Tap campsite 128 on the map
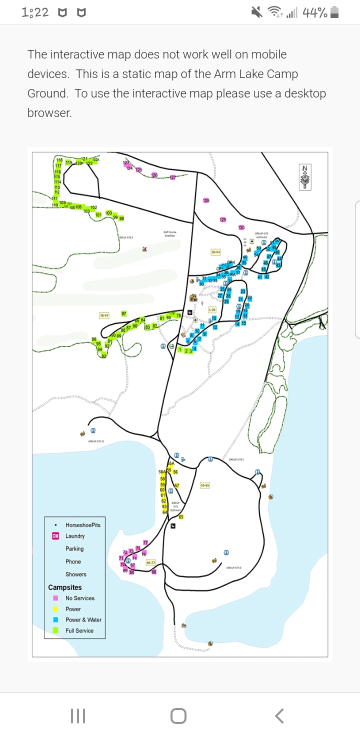click(x=206, y=200)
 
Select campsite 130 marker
click(x=241, y=227)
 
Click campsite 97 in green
click(x=123, y=313)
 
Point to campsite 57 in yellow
click(x=176, y=485)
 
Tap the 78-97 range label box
click(x=104, y=315)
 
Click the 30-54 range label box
click(x=215, y=252)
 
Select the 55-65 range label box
click(x=204, y=485)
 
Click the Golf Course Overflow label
click(x=170, y=233)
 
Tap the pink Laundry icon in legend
click(x=56, y=536)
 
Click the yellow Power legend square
click(x=56, y=609)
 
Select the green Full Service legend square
click(x=56, y=630)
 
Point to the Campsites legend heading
click(x=64, y=587)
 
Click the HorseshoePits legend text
click(x=82, y=525)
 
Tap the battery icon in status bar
click(x=335, y=12)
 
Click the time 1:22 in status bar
click(x=35, y=12)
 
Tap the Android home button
click(x=178, y=716)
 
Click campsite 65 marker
click(x=181, y=516)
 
